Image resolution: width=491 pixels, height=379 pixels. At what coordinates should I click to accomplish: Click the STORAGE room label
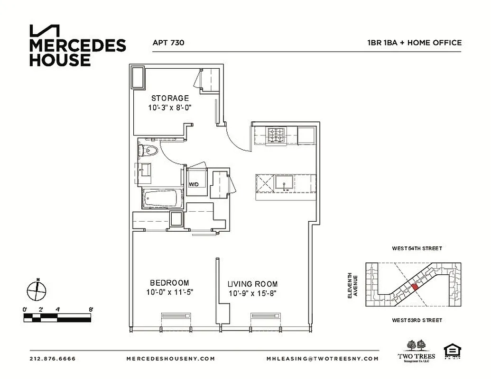pos(170,99)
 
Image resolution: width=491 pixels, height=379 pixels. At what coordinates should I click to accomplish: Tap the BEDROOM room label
pos(170,283)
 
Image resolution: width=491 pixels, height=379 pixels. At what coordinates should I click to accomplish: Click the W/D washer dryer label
pos(194,184)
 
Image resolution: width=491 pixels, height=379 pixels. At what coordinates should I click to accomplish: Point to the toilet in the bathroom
pos(149,151)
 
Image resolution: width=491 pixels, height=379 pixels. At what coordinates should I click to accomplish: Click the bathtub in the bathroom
pos(163,199)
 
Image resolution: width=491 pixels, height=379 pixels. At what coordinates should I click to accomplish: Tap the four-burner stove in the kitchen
pos(275,135)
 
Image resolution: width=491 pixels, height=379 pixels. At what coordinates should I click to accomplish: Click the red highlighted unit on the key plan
pos(415,287)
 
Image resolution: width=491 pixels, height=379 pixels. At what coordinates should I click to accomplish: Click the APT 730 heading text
pos(168,43)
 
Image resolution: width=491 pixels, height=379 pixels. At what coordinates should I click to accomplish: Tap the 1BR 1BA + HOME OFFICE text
pos(414,43)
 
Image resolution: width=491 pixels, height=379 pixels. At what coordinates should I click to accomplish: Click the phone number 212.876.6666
pos(52,359)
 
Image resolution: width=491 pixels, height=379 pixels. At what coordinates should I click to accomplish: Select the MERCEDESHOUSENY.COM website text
pos(171,359)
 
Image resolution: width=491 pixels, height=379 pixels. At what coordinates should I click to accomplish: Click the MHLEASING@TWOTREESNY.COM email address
pos(323,359)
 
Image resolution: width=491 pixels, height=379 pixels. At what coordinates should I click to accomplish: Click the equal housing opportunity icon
pos(452,352)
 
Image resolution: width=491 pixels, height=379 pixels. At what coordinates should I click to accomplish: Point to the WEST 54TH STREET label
pos(417,248)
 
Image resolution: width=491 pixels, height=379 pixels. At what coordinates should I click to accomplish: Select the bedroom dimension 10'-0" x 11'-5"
pos(170,293)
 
